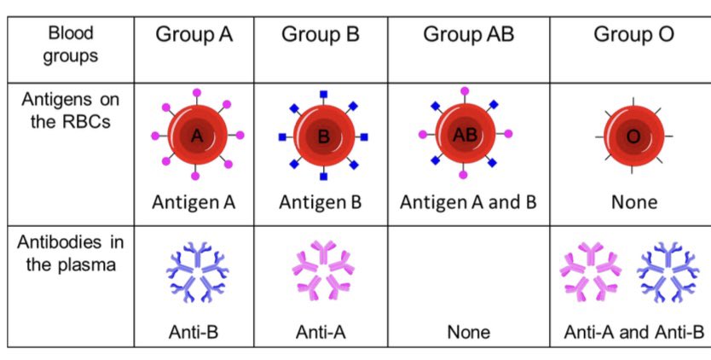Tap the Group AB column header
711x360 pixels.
(468, 35)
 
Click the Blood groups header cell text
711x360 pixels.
(71, 44)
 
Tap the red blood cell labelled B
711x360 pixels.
(323, 136)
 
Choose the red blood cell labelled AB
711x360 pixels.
(465, 134)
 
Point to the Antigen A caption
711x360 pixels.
(193, 202)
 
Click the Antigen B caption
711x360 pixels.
(321, 202)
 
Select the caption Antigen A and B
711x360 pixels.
(468, 202)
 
